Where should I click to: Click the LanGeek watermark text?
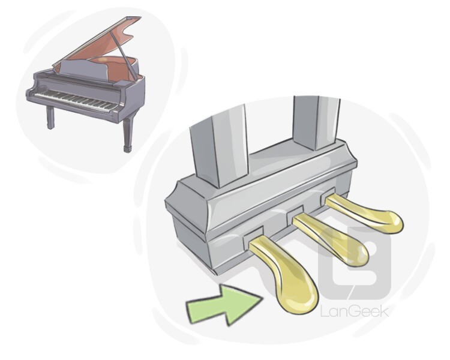tap(355, 311)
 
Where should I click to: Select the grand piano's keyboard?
tap(75, 100)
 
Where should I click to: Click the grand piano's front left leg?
tap(50, 117)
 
